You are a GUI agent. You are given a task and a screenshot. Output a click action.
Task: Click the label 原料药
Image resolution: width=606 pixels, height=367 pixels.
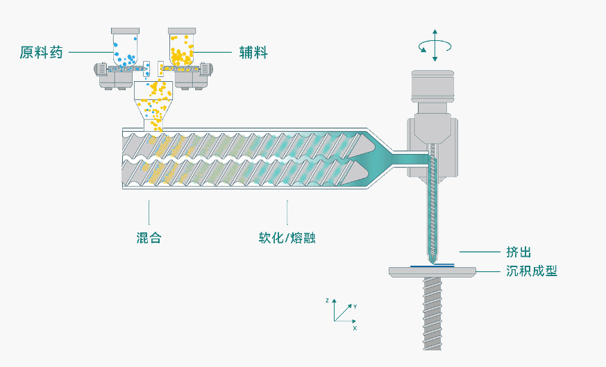pos(42,53)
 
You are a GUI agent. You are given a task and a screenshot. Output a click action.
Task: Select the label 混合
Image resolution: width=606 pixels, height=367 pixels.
pos(149,237)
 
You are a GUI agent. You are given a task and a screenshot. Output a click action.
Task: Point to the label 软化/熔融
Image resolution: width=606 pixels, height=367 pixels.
pos(288,237)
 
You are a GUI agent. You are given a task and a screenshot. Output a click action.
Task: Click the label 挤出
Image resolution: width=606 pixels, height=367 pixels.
pos(519,252)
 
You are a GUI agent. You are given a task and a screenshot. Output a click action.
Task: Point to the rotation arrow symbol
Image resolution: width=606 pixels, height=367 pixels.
pos(435,46)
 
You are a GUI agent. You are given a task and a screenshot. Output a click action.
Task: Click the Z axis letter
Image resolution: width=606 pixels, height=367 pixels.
pos(326,300)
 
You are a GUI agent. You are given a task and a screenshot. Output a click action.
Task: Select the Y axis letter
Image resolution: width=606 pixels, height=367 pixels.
pos(355,305)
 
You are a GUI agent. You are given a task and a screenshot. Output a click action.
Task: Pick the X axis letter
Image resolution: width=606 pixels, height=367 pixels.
pos(355,327)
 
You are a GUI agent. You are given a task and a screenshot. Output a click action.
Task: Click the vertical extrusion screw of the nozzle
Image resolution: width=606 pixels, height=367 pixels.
pos(435,201)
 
